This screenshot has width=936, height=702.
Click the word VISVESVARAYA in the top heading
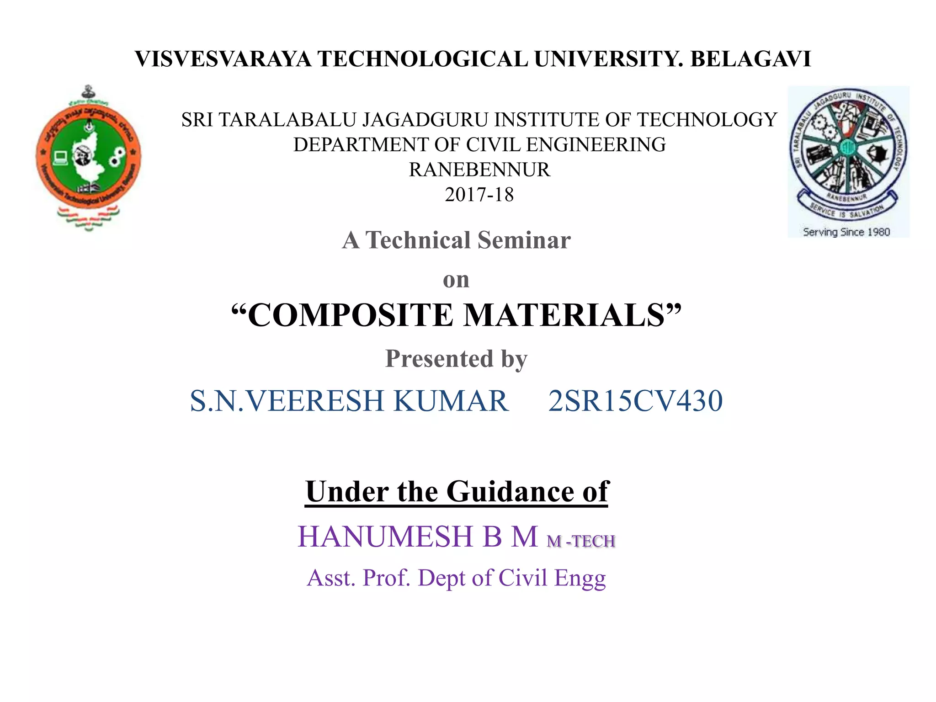pos(223,59)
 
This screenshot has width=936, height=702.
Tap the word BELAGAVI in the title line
pos(750,59)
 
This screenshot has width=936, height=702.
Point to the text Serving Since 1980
pos(846,232)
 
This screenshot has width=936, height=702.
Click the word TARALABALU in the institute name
pos(289,120)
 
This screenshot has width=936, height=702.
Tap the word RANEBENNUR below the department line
pos(479,170)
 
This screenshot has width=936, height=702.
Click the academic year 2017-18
pos(479,195)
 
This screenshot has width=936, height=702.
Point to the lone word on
pos(456,280)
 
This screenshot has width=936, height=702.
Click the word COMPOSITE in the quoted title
pos(350,315)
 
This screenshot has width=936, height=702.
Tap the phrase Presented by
pos(456,358)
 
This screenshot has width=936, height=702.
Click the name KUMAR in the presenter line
pos(451,401)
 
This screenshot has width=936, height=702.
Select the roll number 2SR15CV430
pos(635,401)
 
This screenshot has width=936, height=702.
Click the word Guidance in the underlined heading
pos(511,492)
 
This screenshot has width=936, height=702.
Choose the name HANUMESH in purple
pos(385,537)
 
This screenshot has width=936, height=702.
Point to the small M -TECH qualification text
pos(581,542)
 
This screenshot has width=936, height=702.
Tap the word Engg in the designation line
pos(580,578)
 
